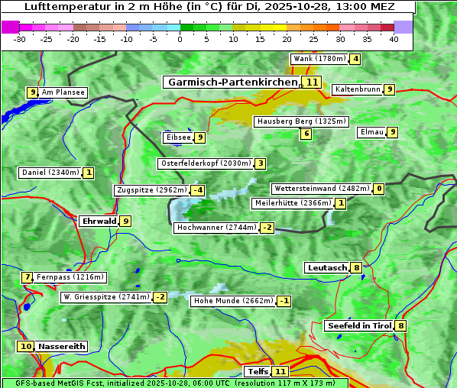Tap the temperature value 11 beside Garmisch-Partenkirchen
pos(312,82)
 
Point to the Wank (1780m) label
pos(319,59)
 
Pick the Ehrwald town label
pos(99,221)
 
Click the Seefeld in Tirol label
pos(359,326)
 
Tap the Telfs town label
pos(257,372)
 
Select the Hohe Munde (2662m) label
pos(232,301)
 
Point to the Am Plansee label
pos(63,92)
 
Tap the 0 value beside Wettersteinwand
pos(378,189)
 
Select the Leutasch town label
pos(327,268)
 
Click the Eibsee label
pos(177,137)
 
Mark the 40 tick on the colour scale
pos(394,39)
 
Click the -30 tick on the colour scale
pos(20,39)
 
